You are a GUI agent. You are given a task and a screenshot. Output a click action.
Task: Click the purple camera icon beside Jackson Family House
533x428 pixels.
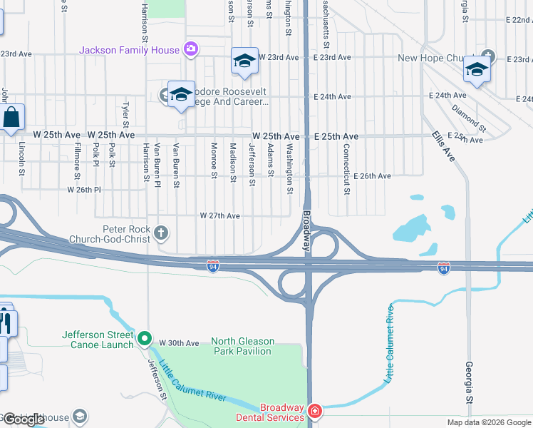click(x=190, y=49)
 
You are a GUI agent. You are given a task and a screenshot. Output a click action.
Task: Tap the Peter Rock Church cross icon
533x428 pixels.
click(x=162, y=232)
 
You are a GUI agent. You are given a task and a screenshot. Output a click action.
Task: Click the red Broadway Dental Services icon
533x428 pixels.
click(x=314, y=411)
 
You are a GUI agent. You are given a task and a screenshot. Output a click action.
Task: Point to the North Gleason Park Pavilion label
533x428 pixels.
click(x=242, y=347)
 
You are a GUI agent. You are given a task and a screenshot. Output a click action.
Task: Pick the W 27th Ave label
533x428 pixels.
click(x=219, y=215)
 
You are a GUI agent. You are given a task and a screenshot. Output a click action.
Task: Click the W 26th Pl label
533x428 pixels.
click(x=84, y=190)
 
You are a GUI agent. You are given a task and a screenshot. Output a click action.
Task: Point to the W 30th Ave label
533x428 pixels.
click(x=179, y=343)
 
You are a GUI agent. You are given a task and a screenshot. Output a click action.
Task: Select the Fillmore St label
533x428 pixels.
click(x=77, y=158)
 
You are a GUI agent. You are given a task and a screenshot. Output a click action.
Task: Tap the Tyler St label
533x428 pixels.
click(x=125, y=113)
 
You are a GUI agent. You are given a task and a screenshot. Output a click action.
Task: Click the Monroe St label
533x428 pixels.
click(x=214, y=158)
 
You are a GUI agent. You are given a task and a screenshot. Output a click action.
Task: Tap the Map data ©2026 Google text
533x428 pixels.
click(x=488, y=422)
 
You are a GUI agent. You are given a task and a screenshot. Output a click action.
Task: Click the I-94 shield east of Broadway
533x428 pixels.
click(x=443, y=267)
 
